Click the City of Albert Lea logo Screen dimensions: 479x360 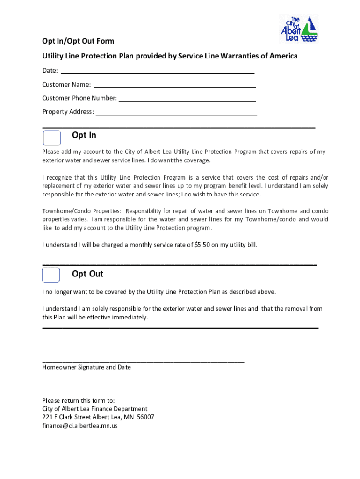point(299,29)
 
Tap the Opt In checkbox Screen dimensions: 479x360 point(51,138)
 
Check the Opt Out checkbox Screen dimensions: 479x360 point(51,275)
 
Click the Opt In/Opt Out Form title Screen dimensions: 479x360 point(78,42)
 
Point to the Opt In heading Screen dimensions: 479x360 point(84,135)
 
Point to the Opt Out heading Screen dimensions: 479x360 point(88,274)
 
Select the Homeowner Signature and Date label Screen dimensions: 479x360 point(86,367)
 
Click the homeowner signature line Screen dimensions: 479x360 point(143,361)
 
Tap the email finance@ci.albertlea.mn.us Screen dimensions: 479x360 point(80,426)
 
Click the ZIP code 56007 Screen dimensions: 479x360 point(143,417)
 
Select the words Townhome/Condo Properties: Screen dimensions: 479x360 point(82,211)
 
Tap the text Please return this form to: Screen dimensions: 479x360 point(78,400)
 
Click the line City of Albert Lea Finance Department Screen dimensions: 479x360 point(94,409)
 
